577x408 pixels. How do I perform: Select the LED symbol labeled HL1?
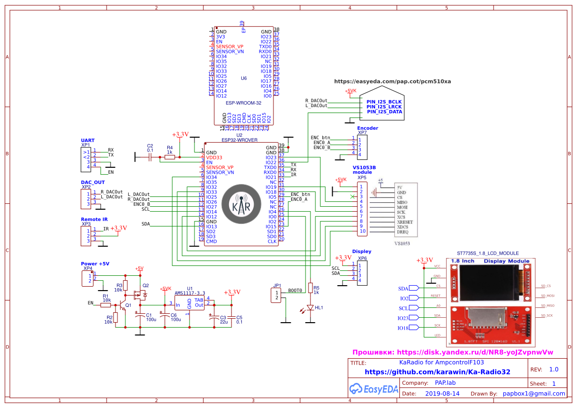310,307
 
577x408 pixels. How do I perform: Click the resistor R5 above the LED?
310,288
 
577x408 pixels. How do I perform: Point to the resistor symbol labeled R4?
169,157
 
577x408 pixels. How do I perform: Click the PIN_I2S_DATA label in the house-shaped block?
384,112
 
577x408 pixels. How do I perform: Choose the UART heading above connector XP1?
87,141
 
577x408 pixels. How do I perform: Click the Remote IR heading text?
94,219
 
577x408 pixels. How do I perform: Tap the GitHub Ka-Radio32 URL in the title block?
437,372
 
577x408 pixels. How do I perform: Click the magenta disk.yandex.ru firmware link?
453,352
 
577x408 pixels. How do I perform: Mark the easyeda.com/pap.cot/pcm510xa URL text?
392,81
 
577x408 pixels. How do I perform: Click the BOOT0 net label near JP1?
295,291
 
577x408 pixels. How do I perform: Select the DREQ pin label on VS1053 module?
402,231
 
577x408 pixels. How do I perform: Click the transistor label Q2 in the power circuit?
145,286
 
